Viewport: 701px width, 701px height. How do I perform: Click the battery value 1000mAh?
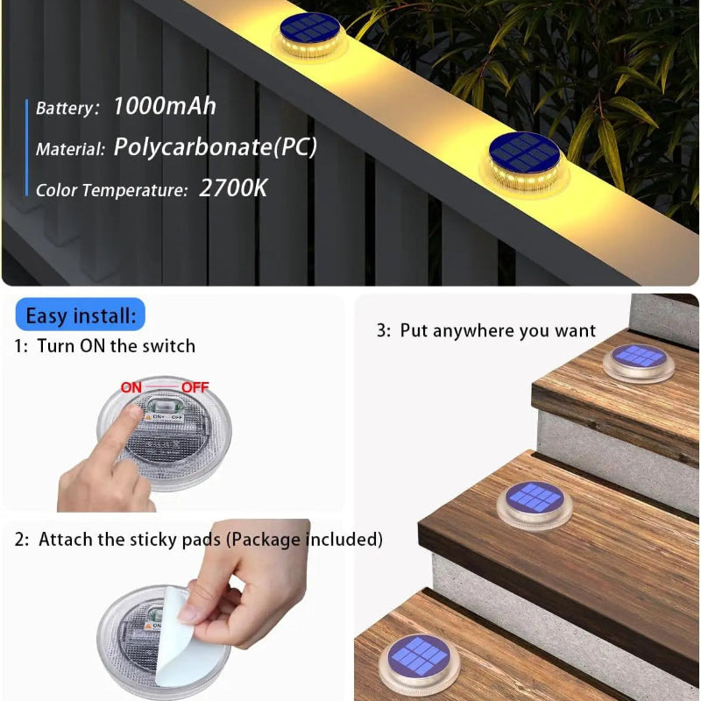tap(164, 107)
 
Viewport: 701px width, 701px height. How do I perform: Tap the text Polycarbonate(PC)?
tap(215, 147)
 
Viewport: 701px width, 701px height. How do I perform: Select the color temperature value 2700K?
tap(233, 188)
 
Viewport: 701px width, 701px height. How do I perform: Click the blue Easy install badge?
tap(81, 315)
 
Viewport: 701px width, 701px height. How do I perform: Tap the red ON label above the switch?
tap(131, 387)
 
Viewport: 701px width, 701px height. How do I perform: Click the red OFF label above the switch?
tap(195, 387)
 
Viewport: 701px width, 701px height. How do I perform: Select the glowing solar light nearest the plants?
tap(525, 161)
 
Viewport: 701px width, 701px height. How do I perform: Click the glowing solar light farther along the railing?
tap(309, 35)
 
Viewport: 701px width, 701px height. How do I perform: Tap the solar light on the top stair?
tap(639, 360)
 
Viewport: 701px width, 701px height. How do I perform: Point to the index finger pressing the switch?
tap(127, 429)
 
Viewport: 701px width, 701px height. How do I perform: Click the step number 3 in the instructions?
tap(381, 331)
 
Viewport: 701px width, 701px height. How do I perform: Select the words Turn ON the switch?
tap(116, 346)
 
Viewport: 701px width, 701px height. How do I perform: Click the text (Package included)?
tap(304, 540)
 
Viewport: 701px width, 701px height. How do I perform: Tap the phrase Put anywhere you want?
tap(498, 331)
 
